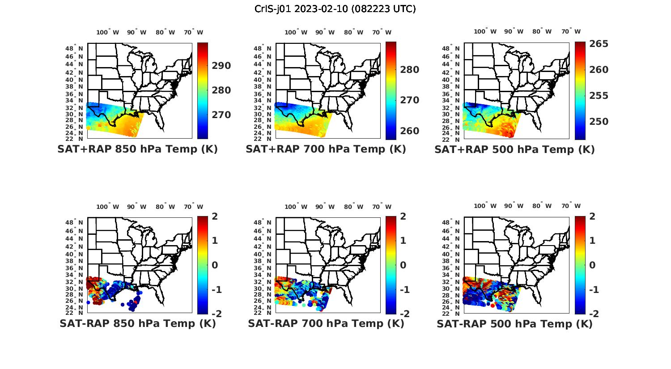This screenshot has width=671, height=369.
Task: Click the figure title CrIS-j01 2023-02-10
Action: [x=335, y=9]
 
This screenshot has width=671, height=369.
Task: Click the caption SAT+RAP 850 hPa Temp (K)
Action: [x=137, y=149]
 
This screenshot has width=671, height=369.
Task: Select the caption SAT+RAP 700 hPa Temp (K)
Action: [x=326, y=149]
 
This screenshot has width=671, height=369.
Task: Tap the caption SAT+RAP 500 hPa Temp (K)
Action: [x=514, y=149]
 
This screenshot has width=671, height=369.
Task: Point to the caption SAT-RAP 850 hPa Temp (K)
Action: [x=137, y=323]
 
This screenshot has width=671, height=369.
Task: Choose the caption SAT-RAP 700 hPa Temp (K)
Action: [x=326, y=323]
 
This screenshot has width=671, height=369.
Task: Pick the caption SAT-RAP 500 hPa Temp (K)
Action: [x=514, y=324]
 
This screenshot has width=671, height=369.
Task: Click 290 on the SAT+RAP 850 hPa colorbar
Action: [x=221, y=66]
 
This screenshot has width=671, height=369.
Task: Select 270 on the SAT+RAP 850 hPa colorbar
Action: [x=221, y=115]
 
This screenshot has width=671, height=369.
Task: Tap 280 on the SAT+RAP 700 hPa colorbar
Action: [x=410, y=70]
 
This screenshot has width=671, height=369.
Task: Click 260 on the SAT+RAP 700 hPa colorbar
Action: [x=410, y=131]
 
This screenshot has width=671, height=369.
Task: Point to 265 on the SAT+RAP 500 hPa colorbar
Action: [x=599, y=44]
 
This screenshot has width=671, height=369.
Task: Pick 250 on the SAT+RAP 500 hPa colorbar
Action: [x=599, y=122]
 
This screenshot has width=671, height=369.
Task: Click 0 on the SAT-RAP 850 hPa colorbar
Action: [x=214, y=265]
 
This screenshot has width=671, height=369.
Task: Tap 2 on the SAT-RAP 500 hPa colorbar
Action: [x=592, y=216]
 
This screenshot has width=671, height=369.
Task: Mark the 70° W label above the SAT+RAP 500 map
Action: [x=571, y=31]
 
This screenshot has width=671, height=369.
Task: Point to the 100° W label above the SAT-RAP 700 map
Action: [x=296, y=207]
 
